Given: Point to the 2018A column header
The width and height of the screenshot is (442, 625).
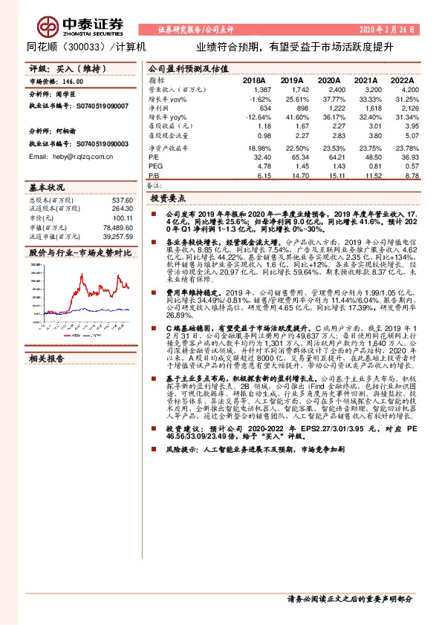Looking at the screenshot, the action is pos(254,80).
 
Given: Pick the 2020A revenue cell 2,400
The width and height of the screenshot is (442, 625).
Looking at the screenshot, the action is pos(326,88).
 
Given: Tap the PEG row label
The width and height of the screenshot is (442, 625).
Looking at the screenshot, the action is pos(155,167).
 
